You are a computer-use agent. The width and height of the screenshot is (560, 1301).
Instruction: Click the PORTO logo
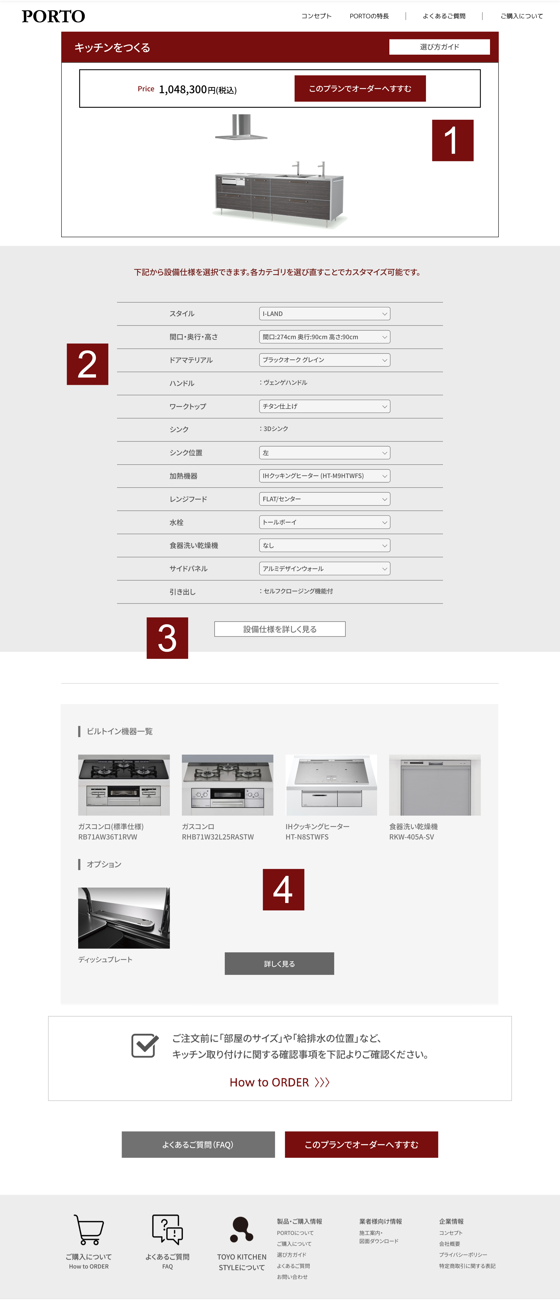pyautogui.click(x=54, y=16)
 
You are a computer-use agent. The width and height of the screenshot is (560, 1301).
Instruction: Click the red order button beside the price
pyautogui.click(x=360, y=88)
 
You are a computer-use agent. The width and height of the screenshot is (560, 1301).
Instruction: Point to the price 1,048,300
pyautogui.click(x=183, y=89)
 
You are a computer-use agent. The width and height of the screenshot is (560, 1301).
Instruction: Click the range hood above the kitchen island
pyautogui.click(x=241, y=127)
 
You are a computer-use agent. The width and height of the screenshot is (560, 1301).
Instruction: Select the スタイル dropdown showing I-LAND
pyautogui.click(x=325, y=314)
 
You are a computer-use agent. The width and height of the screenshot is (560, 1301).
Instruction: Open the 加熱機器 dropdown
pyautogui.click(x=325, y=476)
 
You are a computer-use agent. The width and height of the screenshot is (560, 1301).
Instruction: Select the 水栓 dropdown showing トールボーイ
pyautogui.click(x=325, y=522)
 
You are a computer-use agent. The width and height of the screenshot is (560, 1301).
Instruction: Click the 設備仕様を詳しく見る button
pyautogui.click(x=280, y=629)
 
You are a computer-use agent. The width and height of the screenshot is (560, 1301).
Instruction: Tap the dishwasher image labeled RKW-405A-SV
pyautogui.click(x=435, y=785)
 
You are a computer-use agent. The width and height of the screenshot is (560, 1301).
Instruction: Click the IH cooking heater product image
pyautogui.click(x=331, y=785)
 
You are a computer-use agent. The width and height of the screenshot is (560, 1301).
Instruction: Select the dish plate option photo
pyautogui.click(x=124, y=918)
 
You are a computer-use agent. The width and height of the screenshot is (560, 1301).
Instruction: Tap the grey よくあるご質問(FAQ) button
pyautogui.click(x=198, y=1144)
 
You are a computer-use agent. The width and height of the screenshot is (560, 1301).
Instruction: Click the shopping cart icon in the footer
pyautogui.click(x=89, y=1230)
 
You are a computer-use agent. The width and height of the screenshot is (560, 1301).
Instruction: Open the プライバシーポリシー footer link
pyautogui.click(x=463, y=1255)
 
